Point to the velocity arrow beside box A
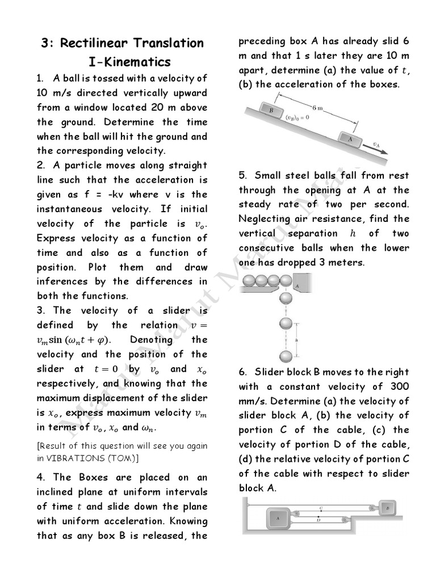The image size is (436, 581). point(376,148)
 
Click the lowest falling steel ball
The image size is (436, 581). point(287,357)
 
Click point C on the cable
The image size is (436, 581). point(321,508)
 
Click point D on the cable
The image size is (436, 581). point(318,519)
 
